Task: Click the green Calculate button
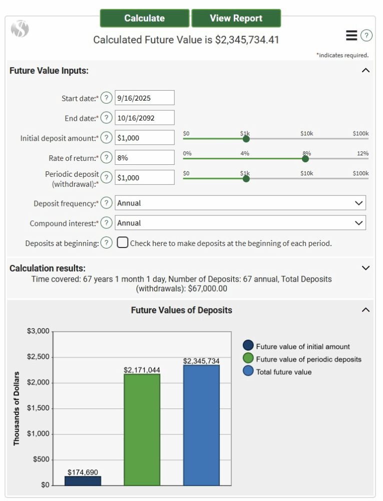[x=144, y=18]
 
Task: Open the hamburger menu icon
[x=351, y=35]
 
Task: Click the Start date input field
[x=144, y=98]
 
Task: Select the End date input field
[x=144, y=118]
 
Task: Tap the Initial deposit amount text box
[x=144, y=138]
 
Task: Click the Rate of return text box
[x=144, y=158]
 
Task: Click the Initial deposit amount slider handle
[x=246, y=139]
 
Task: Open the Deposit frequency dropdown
[x=240, y=203]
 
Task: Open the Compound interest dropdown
[x=240, y=223]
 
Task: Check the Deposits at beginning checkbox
[x=122, y=243]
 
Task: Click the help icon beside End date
[x=106, y=118]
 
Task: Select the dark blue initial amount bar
[x=83, y=480]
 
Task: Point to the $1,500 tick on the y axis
[x=39, y=408]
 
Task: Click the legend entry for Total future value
[x=283, y=372]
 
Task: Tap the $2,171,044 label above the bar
[x=142, y=370]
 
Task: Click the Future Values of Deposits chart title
[x=181, y=310]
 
